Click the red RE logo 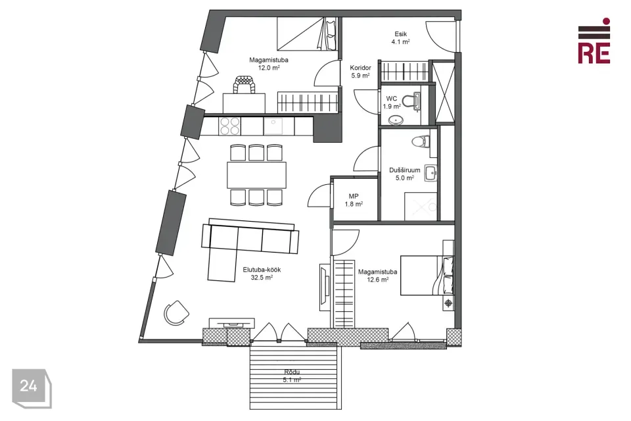tap(594, 41)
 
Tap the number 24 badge tap(32, 388)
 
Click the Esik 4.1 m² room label tap(400, 38)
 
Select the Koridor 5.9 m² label tap(360, 71)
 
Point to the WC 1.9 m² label tap(392, 103)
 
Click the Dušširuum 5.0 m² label tap(404, 174)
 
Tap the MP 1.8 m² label tap(354, 200)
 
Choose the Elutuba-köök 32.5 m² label tap(262, 273)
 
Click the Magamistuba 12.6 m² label tap(377, 275)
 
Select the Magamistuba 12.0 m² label tap(268, 64)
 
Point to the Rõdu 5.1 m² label tap(292, 376)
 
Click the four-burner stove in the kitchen tap(229, 125)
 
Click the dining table tap(257, 175)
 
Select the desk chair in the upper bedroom tap(244, 85)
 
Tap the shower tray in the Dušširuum tap(421, 207)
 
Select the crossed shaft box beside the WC tap(444, 91)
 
